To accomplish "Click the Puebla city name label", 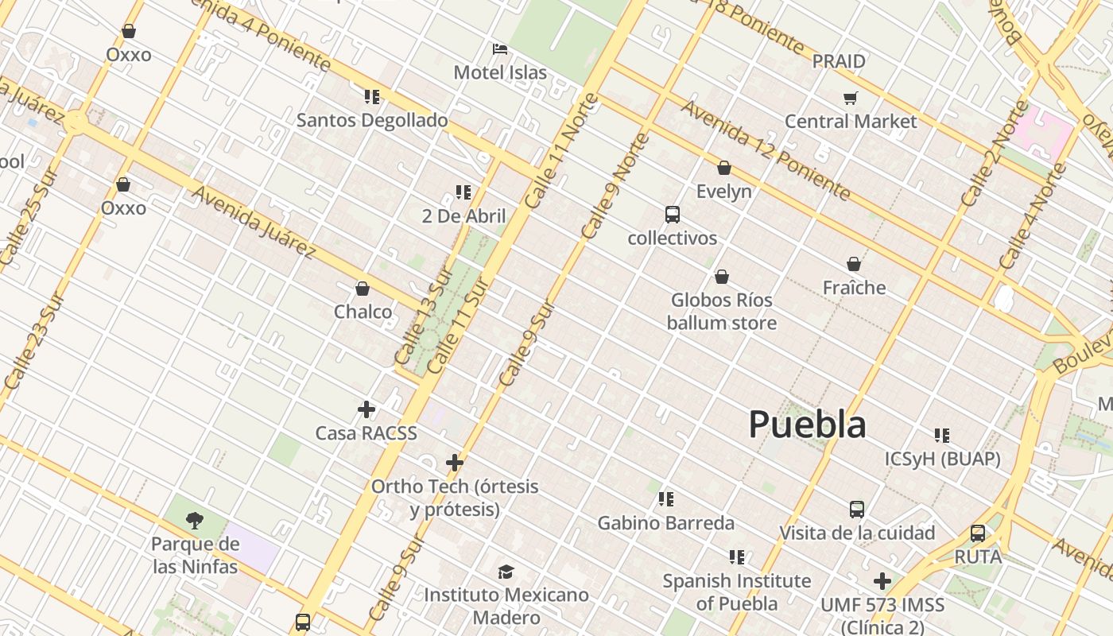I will click(807, 425).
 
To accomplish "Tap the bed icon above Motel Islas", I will click(500, 49).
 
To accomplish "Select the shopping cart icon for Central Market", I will click(851, 99).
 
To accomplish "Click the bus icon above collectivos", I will click(673, 215).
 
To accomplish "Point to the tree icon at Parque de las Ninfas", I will click(195, 521).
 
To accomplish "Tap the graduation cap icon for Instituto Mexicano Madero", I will click(506, 572).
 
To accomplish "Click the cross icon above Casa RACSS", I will click(366, 409).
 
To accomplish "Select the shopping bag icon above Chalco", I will click(363, 288).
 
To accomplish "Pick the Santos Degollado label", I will click(372, 120).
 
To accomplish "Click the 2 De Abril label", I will click(463, 215).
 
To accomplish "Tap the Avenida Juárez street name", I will click(254, 222).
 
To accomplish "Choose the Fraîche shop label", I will click(854, 287).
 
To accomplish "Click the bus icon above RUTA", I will click(978, 533).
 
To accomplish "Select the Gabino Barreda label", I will click(665, 523).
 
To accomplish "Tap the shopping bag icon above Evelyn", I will click(724, 168).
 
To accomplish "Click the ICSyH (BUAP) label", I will click(942, 459).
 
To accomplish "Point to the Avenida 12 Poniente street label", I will click(765, 150).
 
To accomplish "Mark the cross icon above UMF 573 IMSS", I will click(882, 581).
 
